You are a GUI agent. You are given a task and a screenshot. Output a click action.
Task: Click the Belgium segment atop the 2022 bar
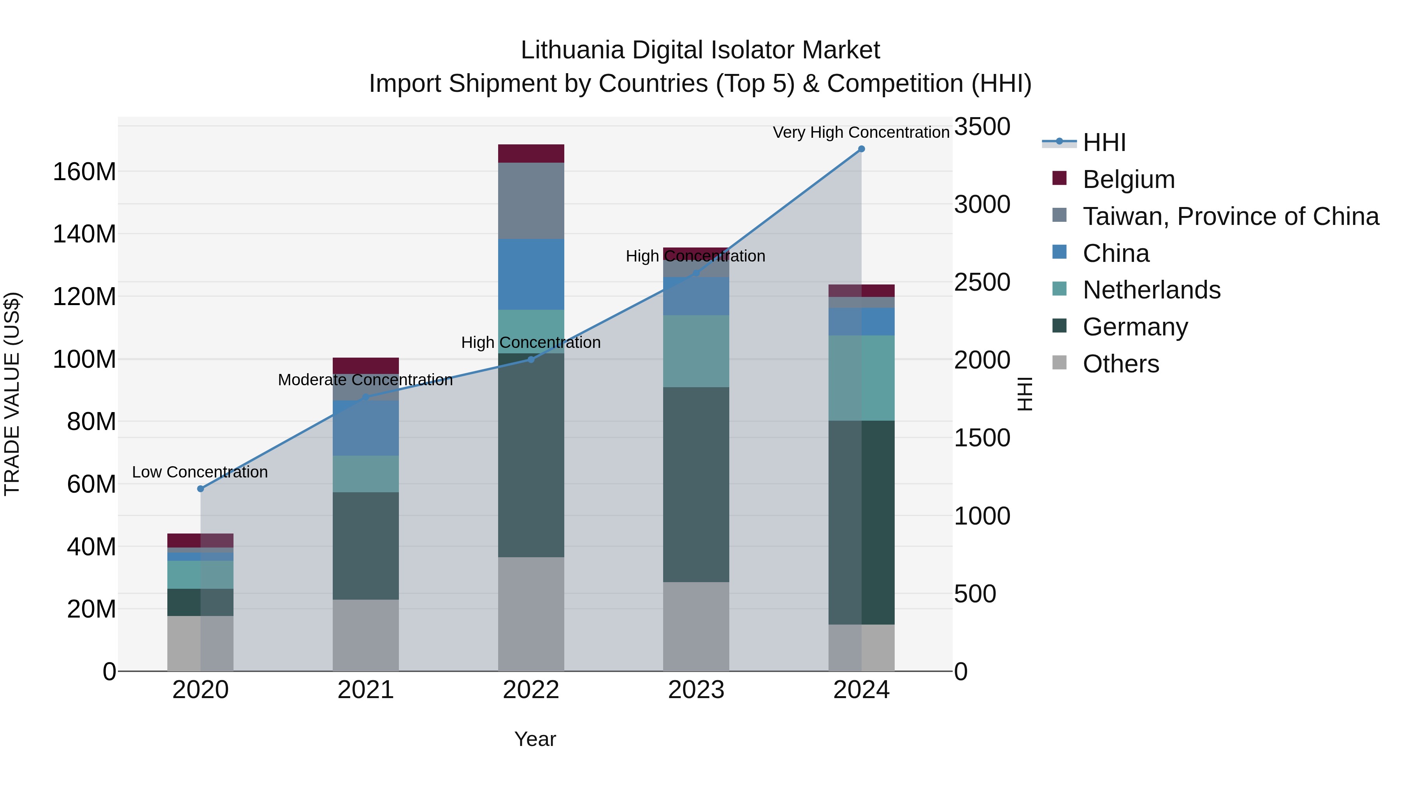click(531, 153)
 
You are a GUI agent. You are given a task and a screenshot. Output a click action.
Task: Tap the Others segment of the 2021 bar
click(365, 635)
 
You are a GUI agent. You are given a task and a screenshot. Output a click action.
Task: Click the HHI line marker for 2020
click(200, 488)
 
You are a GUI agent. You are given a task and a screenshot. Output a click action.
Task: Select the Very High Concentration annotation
click(861, 132)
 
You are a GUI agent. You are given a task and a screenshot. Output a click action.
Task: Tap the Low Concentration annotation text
click(200, 472)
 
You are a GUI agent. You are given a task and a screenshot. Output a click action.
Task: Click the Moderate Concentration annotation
click(365, 379)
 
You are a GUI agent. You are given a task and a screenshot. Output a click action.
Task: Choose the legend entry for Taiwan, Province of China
click(1230, 216)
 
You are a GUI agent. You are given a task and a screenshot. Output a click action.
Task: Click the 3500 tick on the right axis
click(982, 127)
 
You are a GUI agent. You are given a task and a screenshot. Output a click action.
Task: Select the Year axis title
click(535, 739)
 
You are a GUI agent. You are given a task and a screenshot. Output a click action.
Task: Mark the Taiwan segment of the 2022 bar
click(531, 201)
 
